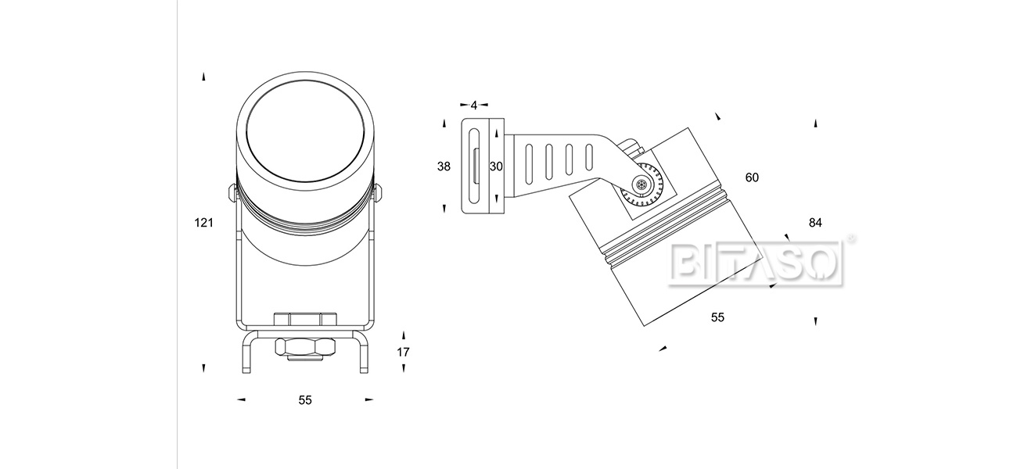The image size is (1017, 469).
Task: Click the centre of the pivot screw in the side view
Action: pyautogui.click(x=641, y=184)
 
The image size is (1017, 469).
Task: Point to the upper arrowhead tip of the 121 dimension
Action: pyautogui.click(x=204, y=73)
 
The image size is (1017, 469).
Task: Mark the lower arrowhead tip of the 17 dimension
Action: pyautogui.click(x=404, y=372)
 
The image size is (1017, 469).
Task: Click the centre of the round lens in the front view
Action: pyautogui.click(x=306, y=131)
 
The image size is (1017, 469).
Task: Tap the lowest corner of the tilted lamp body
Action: pyautogui.click(x=645, y=326)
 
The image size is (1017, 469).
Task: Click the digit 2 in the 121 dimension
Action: pyautogui.click(x=204, y=223)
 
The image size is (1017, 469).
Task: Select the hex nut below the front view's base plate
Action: pyautogui.click(x=306, y=348)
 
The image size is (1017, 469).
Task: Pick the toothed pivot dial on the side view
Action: pyautogui.click(x=642, y=184)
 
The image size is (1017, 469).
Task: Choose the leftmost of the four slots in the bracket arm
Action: pyautogui.click(x=529, y=164)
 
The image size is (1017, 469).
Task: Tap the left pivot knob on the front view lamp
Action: pyautogui.click(x=232, y=192)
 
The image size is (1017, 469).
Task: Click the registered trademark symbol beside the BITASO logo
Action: pyautogui.click(x=850, y=238)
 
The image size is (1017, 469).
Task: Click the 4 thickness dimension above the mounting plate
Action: pyautogui.click(x=474, y=106)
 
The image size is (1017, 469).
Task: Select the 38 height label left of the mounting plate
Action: pyautogui.click(x=444, y=166)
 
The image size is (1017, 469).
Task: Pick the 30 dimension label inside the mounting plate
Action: pyautogui.click(x=496, y=166)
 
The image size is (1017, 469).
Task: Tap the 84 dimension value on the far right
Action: pyautogui.click(x=815, y=223)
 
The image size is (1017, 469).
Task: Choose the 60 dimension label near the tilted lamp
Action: pyautogui.click(x=752, y=177)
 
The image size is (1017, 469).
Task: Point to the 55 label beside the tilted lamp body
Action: pyautogui.click(x=717, y=317)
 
